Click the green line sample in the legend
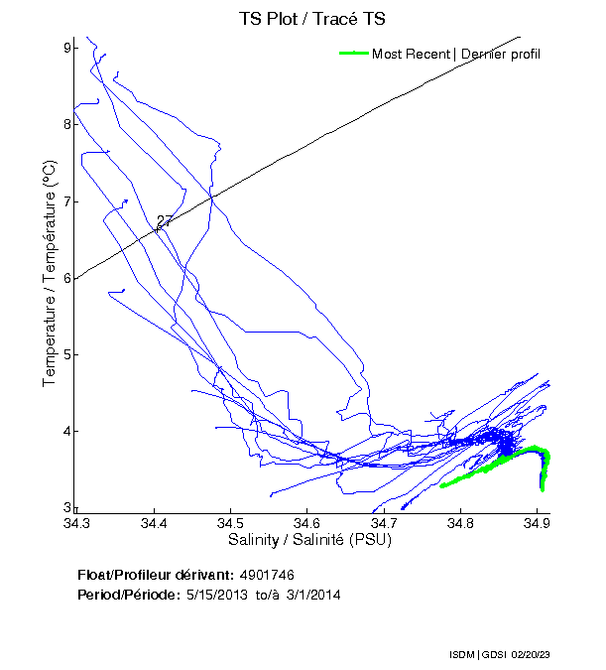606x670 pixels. (353, 54)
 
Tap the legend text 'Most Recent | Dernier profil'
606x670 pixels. (455, 54)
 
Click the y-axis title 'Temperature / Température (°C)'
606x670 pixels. (49, 276)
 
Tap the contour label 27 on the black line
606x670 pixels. (165, 221)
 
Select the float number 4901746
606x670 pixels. (267, 575)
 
